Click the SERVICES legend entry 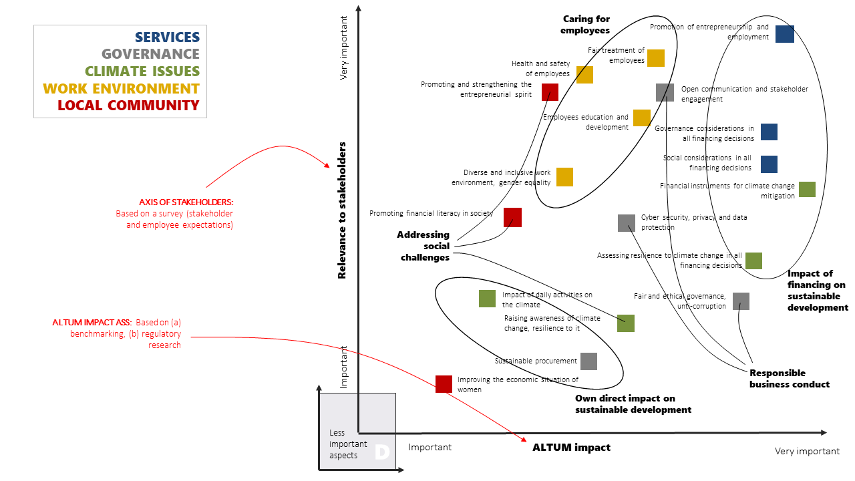tap(167, 37)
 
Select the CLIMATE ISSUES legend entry tap(142, 71)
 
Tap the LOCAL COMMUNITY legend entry tap(128, 106)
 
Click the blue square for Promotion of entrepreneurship tap(785, 34)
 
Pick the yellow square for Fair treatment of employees tap(656, 58)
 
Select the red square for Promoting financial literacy tap(512, 217)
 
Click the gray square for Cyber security tap(627, 223)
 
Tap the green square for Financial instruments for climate tap(807, 189)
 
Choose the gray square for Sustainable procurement tap(588, 361)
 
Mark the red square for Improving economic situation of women tap(444, 384)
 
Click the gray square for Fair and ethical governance tap(741, 301)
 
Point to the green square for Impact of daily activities tap(487, 299)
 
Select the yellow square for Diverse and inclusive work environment tap(564, 177)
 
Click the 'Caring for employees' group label tap(586, 25)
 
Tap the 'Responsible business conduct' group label tap(789, 379)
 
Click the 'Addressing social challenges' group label tap(424, 246)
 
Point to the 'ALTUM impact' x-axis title tap(571, 448)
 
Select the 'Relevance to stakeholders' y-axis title tap(342, 210)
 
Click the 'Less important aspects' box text tap(348, 444)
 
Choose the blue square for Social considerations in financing tap(769, 164)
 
